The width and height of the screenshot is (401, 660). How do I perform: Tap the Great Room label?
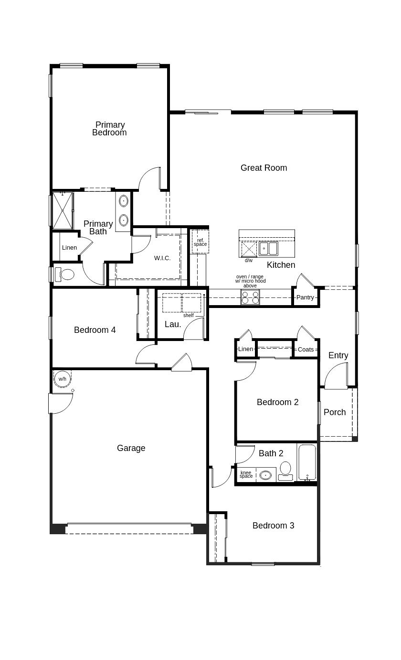pos(264,168)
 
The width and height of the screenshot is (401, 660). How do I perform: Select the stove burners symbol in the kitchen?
pos(250,297)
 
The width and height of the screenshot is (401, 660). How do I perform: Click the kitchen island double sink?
pos(268,249)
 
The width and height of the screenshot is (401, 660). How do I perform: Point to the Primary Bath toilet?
pos(66,275)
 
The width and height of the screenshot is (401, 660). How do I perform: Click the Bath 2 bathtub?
pos(307,462)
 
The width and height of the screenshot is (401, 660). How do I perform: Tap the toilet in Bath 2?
pos(285,469)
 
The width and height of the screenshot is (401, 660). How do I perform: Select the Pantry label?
pos(305,297)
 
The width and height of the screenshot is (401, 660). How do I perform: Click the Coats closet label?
pos(306,350)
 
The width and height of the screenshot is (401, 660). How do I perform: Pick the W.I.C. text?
pos(162,258)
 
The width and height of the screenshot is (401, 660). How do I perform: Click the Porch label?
pos(335,412)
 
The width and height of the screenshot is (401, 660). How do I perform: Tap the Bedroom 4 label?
pos(95,330)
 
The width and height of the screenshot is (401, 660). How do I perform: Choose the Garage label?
pos(131,448)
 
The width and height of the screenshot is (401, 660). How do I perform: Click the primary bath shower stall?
pos(62,210)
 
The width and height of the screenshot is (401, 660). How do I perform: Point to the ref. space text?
pos(200,242)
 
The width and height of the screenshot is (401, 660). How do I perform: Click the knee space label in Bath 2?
pos(246,474)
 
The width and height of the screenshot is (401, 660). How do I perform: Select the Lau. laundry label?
pos(172,324)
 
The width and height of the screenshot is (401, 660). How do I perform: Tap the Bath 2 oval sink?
pos(265,475)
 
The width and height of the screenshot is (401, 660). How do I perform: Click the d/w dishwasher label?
pos(249,261)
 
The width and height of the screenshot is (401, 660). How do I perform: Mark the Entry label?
pos(338,355)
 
